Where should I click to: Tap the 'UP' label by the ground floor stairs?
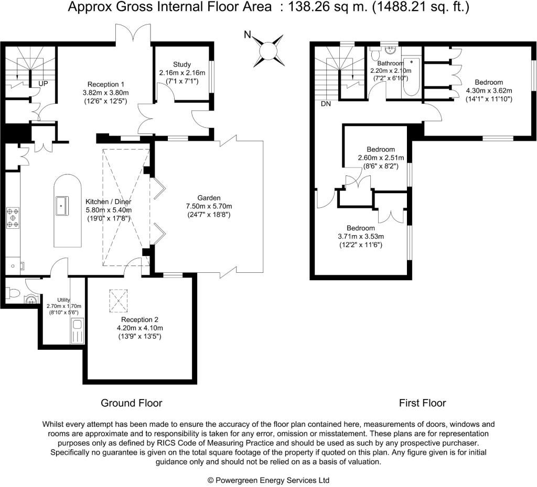click(x=44, y=83)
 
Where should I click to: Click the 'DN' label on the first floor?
click(x=326, y=104)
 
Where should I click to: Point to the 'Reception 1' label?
click(x=106, y=84)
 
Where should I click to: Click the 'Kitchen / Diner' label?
click(x=109, y=202)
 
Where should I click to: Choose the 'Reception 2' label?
click(x=139, y=319)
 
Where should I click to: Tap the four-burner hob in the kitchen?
click(x=13, y=218)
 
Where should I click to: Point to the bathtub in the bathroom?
click(x=412, y=79)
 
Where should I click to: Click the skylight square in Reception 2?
click(x=119, y=301)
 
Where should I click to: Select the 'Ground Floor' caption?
click(x=131, y=403)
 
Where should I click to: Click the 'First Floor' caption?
click(x=422, y=403)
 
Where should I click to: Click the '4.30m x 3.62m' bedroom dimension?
click(x=489, y=91)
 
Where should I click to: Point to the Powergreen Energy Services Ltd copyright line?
click(x=268, y=480)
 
